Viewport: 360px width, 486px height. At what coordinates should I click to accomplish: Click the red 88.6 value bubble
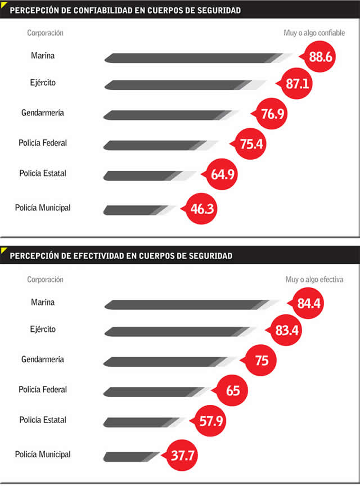click(319, 56)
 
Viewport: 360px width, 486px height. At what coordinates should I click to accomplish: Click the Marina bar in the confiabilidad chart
click(198, 58)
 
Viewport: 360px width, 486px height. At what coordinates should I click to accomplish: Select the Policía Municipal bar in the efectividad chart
click(132, 457)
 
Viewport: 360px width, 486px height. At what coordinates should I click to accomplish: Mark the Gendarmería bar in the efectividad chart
click(170, 362)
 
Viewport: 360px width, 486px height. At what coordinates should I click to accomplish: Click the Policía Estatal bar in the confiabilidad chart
click(150, 175)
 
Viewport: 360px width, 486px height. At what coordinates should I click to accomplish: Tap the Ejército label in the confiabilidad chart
click(43, 83)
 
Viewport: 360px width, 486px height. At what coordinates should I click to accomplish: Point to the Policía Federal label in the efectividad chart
click(43, 389)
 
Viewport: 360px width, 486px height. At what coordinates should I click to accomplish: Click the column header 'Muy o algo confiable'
click(314, 33)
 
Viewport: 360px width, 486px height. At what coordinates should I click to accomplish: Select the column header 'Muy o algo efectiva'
click(314, 279)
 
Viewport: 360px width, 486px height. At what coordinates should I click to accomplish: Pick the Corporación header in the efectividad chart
click(45, 279)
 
